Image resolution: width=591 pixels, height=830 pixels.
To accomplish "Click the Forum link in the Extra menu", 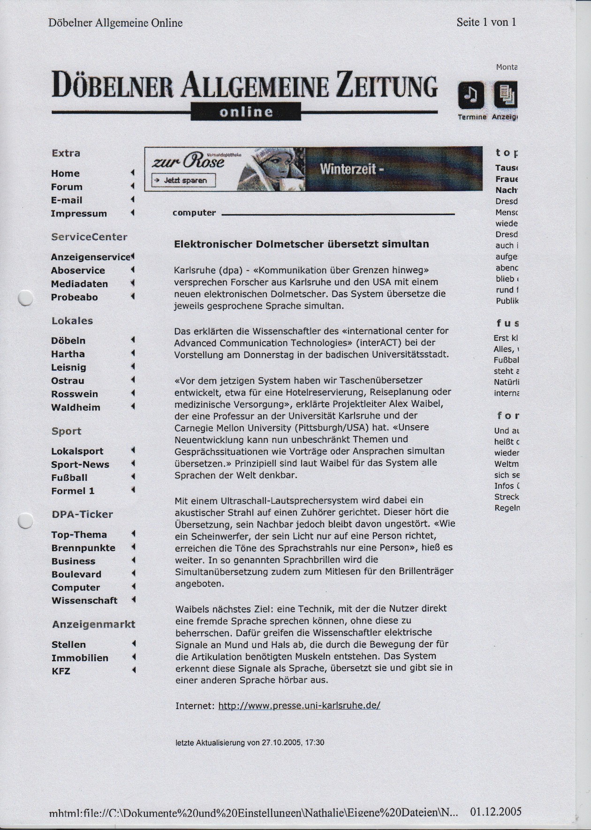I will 67,187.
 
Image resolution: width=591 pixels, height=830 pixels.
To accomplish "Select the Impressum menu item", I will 79,213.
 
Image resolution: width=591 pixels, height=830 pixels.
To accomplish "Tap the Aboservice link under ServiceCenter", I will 78,270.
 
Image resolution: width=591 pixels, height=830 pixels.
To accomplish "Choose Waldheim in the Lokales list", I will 76,407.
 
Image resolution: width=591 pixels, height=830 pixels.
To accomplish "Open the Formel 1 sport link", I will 73,491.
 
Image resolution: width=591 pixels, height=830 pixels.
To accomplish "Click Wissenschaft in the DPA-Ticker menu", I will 84,600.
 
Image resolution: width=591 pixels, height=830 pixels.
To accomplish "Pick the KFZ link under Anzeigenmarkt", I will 61,671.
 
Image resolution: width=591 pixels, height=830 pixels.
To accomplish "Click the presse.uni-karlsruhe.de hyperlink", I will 299,705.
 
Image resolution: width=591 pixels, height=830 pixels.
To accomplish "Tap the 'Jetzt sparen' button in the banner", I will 183,180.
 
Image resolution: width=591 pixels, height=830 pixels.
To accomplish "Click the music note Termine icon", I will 472,95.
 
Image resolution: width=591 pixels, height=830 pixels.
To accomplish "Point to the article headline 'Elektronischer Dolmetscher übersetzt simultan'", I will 301,244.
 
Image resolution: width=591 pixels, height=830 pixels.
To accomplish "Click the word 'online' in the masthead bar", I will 246,112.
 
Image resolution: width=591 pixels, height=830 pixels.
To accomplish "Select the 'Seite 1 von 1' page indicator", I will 486,22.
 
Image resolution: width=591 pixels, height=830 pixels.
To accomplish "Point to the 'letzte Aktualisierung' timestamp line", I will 250,742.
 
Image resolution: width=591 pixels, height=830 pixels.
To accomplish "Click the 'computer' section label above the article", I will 194,213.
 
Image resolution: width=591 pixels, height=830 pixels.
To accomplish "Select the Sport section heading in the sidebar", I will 66,431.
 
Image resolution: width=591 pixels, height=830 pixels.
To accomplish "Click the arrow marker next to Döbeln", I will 133,340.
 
